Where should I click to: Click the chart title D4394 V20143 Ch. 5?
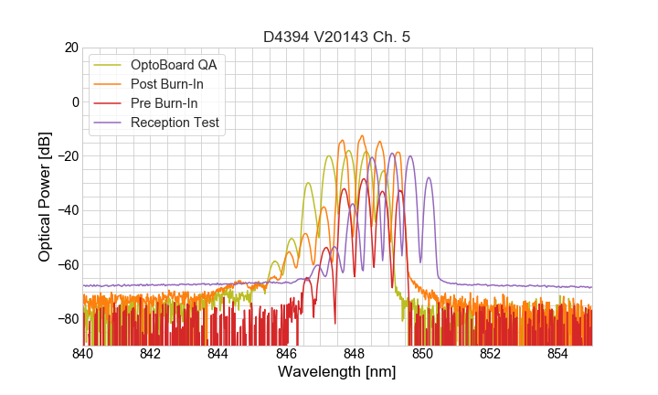click(x=337, y=37)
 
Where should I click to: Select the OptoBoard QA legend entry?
click(x=177, y=65)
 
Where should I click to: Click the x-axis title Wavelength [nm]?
click(x=337, y=372)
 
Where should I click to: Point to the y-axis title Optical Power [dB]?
click(x=44, y=197)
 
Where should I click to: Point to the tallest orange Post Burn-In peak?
click(x=362, y=136)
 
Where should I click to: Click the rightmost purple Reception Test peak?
click(x=428, y=178)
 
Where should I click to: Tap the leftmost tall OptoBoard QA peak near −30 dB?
click(x=309, y=183)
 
